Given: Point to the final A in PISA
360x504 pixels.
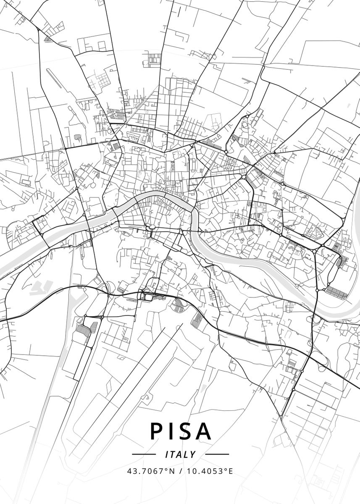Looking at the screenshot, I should click(204, 431).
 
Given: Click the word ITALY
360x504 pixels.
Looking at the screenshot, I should click(181, 454).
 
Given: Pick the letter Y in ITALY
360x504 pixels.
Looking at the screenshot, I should click(193, 454).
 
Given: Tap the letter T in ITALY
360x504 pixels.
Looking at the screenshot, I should click(173, 454).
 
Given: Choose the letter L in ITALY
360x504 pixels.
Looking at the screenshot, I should click(186, 454).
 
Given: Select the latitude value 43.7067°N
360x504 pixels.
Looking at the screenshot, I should click(150, 471).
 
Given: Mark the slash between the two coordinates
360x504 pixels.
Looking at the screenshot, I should click(180, 471).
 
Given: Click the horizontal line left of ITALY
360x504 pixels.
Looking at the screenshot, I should click(144, 454).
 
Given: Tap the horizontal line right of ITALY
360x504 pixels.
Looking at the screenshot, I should click(217, 454).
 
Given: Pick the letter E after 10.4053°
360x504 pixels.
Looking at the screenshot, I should click(231, 471).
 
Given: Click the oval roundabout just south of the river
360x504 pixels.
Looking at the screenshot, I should click(152, 227).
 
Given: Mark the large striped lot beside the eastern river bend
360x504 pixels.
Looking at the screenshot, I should click(337, 292).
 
